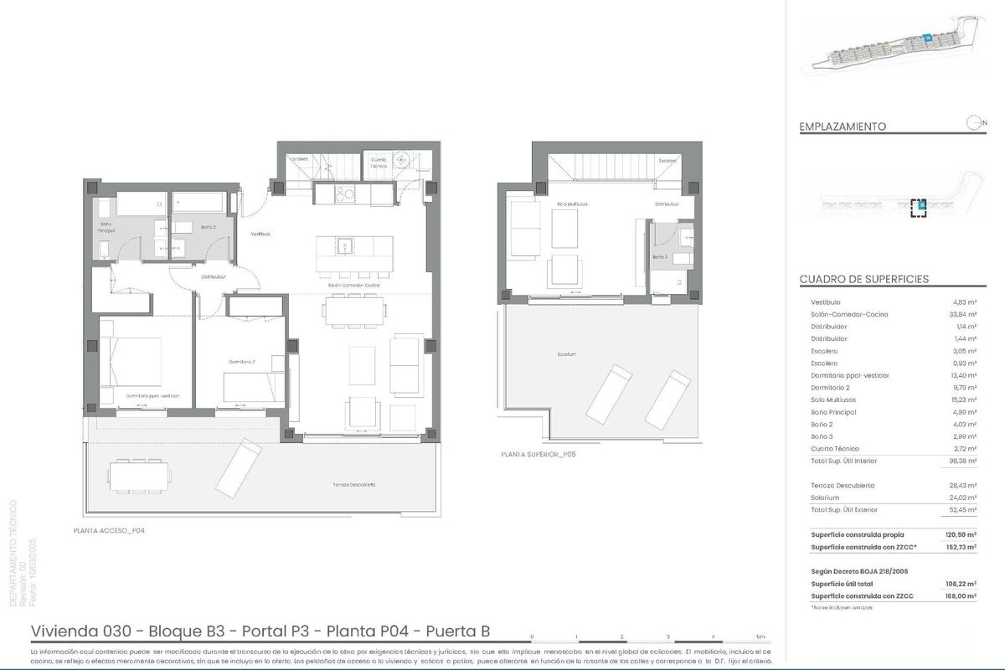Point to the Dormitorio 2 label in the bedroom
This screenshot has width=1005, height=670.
click(x=241, y=362)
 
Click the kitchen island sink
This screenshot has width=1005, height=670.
click(x=343, y=245)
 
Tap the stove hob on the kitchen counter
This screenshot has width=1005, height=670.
click(x=343, y=194)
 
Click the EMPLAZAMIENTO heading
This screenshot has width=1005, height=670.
click(x=843, y=126)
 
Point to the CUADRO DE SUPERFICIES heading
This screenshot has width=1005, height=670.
click(x=863, y=279)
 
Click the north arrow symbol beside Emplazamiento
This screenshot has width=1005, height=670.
click(x=974, y=124)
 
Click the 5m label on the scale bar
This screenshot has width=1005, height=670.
click(x=760, y=636)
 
